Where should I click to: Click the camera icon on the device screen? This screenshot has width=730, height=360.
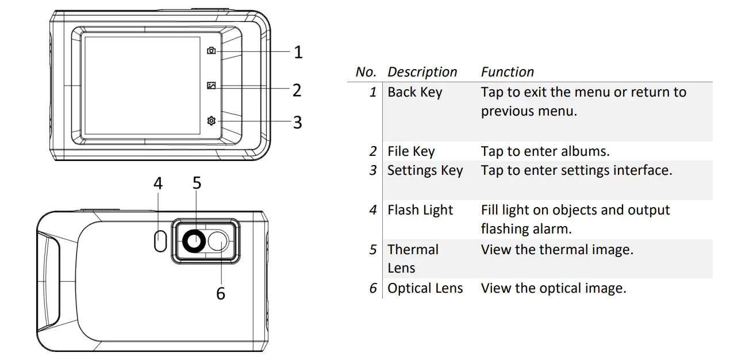pos(212,51)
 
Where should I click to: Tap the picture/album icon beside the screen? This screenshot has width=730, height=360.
pos(212,86)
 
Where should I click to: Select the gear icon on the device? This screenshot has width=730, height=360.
pos(212,121)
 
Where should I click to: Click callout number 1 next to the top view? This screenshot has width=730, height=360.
pos(298,52)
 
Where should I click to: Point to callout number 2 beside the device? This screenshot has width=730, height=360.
pos(297,90)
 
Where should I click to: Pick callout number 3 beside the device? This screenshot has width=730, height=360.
pos(297,122)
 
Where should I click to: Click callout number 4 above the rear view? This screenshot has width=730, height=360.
pos(158,183)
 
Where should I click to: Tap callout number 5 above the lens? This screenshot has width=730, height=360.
pos(197,183)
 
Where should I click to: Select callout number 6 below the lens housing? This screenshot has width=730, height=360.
pos(221,293)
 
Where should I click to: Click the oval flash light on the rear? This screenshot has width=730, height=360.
pos(160,241)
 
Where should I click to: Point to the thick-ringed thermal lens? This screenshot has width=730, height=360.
pos(193,243)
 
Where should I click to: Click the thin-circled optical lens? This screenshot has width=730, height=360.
pos(218,242)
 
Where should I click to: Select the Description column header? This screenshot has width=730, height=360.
pos(422,72)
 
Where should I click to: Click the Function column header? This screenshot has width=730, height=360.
pos(507,72)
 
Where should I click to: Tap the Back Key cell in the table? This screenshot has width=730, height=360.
pos(414,92)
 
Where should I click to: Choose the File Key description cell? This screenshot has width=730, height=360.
pos(411,151)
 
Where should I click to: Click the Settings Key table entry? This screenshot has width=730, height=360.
pos(425,171)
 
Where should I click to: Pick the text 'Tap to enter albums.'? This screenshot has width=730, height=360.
pos(545,151)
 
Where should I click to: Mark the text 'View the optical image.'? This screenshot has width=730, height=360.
pos(553,288)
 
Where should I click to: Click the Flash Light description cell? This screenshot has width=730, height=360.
pos(420,210)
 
